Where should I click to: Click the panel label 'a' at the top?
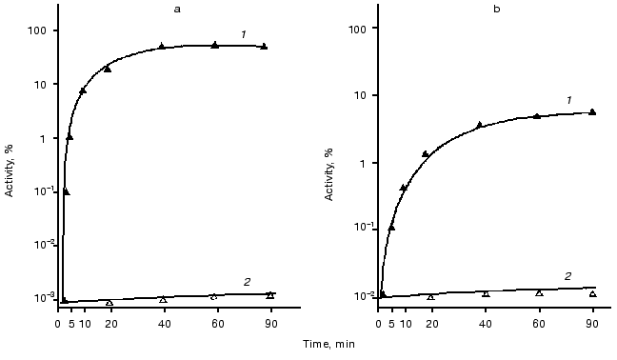162,8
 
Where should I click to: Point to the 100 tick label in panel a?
38,30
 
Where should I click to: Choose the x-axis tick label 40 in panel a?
164,325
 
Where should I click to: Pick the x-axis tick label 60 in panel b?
538,325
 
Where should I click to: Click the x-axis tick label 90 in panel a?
270,325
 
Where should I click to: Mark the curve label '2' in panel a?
246,282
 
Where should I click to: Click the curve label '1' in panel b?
568,100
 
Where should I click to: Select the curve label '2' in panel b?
568,276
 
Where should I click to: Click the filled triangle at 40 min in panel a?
162,46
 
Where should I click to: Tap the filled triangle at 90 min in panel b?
592,111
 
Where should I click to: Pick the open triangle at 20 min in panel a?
109,302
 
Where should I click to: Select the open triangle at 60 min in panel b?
539,292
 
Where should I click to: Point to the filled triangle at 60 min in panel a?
215,45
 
